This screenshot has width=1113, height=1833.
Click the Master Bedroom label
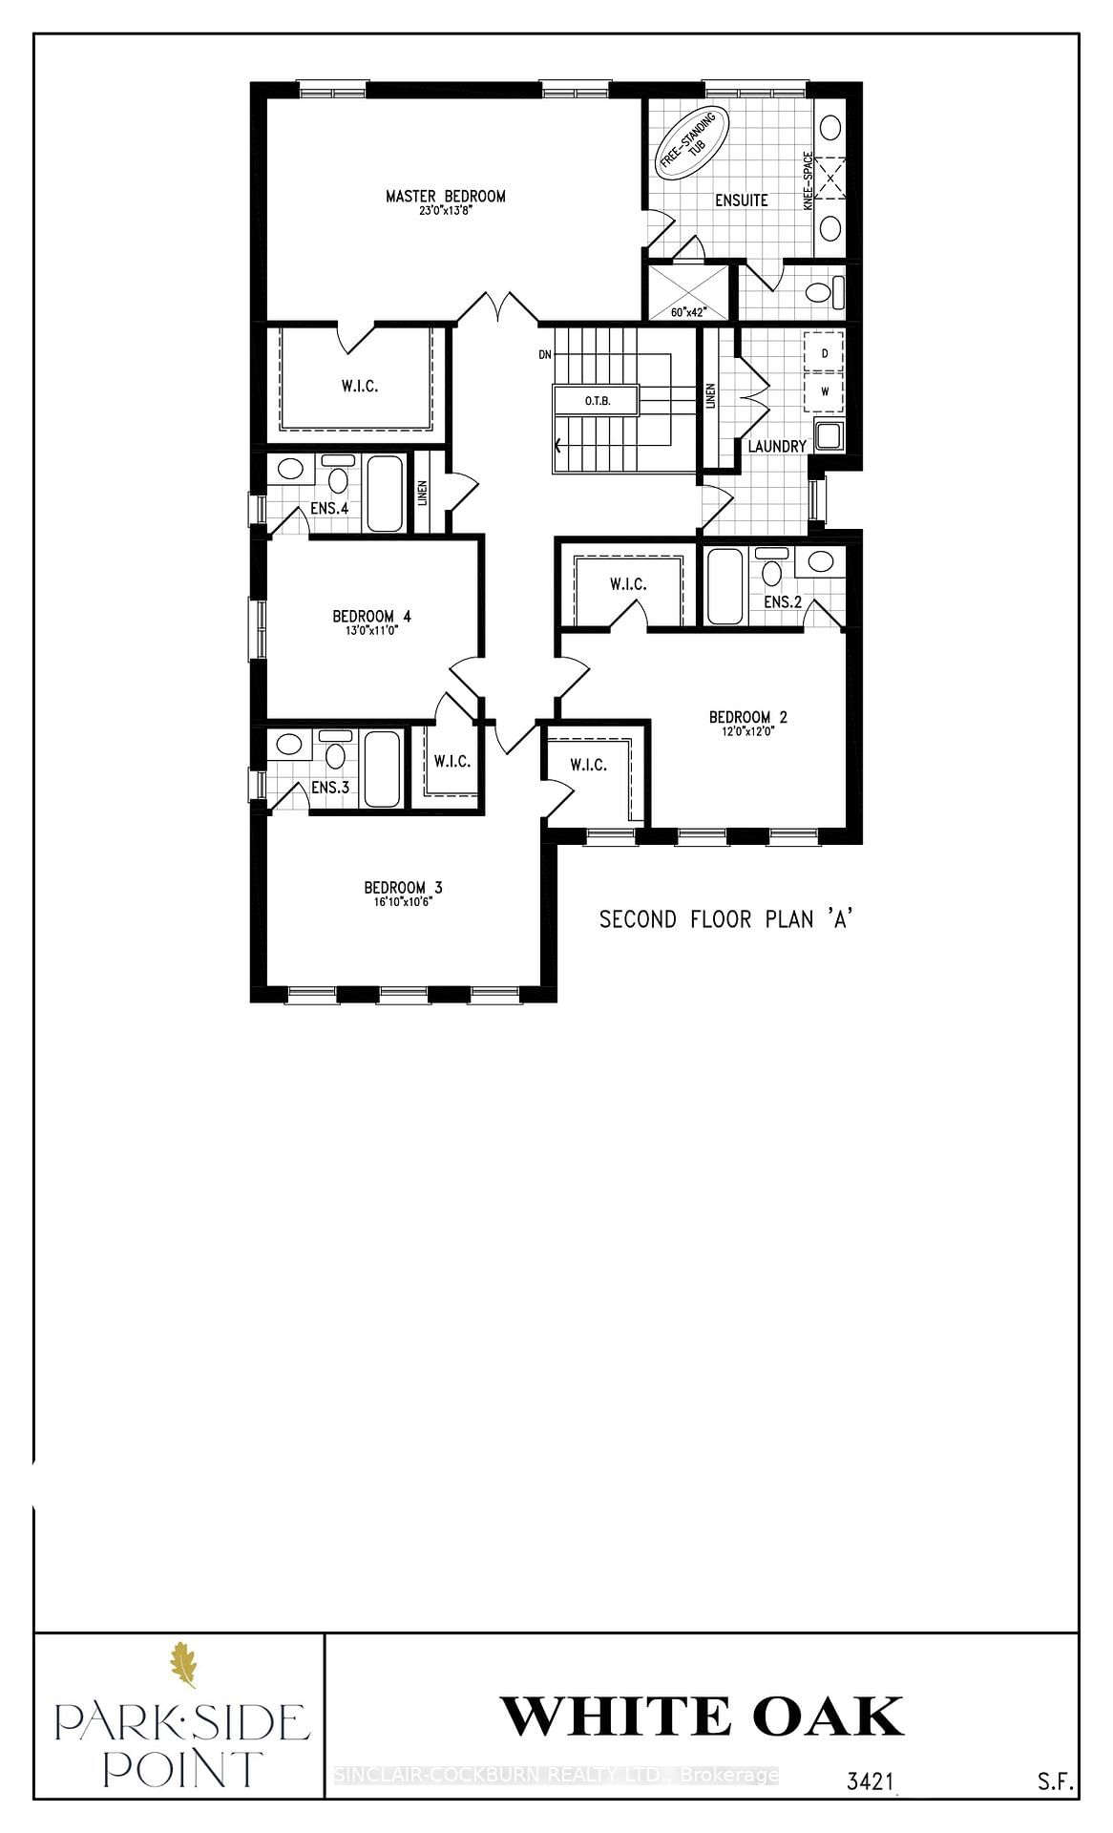coord(445,197)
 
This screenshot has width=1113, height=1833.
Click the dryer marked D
coord(825,353)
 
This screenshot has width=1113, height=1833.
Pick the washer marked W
coord(825,390)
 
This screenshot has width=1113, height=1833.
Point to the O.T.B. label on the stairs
coord(598,401)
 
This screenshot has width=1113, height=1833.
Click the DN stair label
coord(545,355)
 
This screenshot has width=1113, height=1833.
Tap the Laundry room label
coord(777,446)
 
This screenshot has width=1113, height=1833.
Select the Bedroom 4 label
coord(371,617)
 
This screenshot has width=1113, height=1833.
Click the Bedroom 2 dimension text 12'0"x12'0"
coord(747,732)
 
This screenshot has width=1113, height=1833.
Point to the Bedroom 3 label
coord(403,888)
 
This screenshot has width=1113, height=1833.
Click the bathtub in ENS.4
coord(385,494)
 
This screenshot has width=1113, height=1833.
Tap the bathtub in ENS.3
coord(383,769)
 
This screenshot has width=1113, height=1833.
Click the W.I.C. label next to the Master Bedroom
coord(360,387)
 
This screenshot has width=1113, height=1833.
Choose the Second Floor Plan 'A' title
coord(724,919)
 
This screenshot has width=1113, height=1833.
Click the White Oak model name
coord(702,1717)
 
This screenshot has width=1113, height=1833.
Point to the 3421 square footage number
coord(870,1781)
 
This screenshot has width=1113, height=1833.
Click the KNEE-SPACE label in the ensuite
coord(808,181)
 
